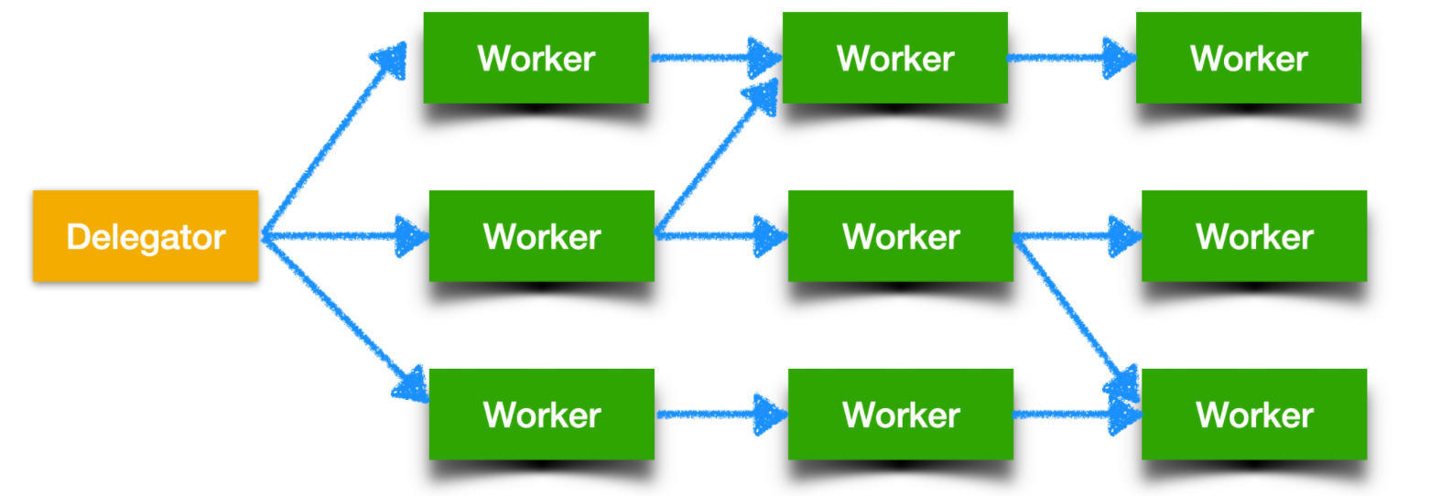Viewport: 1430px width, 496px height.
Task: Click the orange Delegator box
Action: pos(146,236)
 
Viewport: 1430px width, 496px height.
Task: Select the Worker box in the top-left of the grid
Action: pos(536,58)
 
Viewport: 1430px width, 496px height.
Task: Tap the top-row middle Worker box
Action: pos(895,58)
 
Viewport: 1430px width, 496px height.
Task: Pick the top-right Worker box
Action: pos(1249,58)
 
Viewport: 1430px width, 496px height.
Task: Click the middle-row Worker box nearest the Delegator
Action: pos(542,236)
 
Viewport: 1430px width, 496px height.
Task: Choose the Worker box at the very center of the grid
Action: pos(901,236)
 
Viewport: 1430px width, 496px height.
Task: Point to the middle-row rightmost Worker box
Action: pos(1254,236)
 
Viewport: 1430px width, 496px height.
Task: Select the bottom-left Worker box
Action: pos(542,414)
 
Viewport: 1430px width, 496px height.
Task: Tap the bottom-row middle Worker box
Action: pos(901,414)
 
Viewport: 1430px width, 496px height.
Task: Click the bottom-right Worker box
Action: pos(1254,414)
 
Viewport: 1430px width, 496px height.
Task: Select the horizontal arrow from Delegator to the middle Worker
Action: pos(343,236)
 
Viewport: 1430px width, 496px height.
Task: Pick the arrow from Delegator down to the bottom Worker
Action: pos(339,316)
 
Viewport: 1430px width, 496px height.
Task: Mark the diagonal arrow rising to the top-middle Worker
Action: pos(714,160)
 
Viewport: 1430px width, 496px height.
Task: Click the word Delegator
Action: pos(146,237)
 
